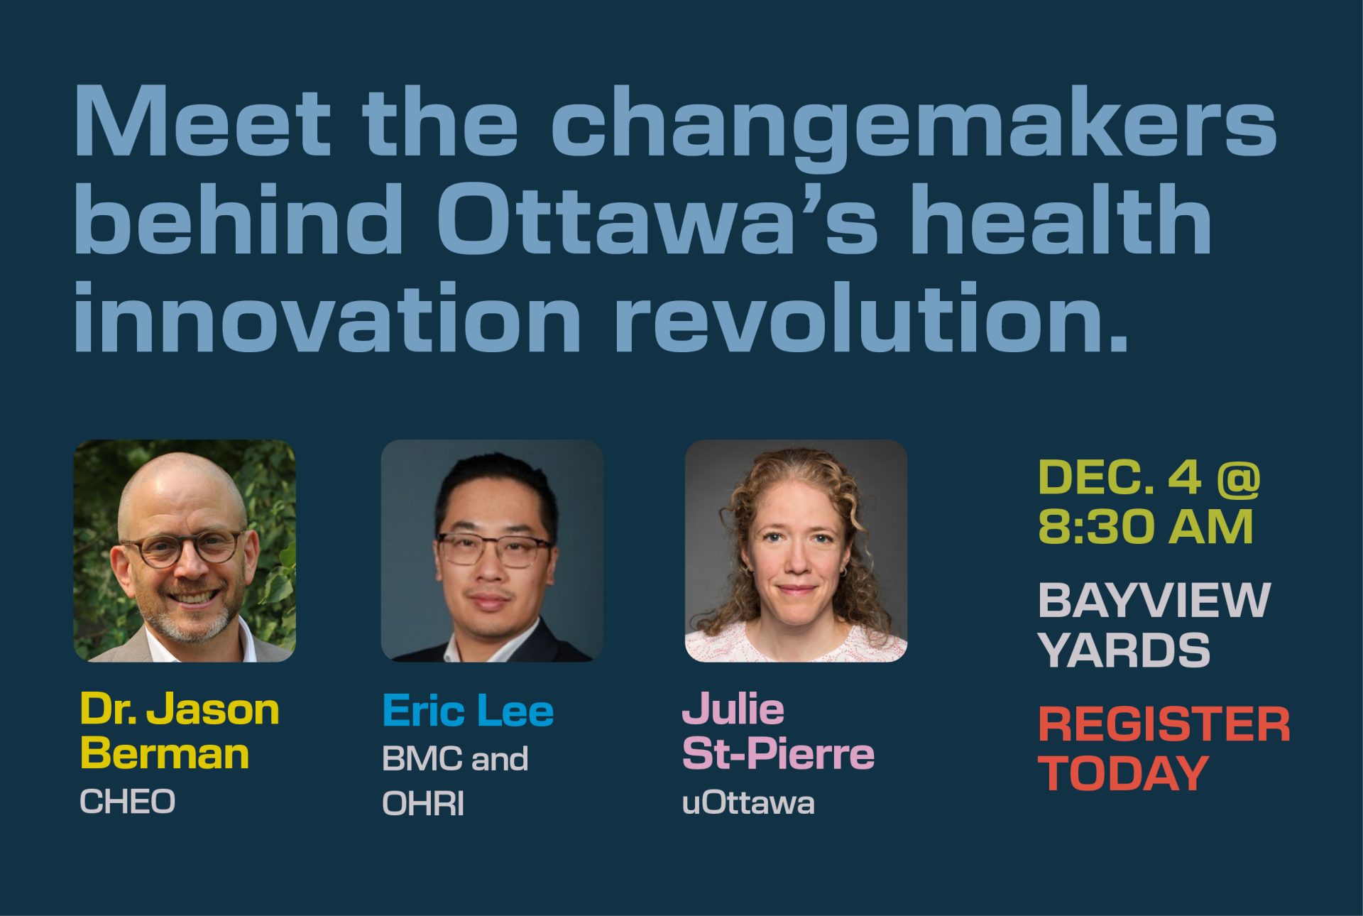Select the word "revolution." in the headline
(871, 317)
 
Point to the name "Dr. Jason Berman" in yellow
(180, 731)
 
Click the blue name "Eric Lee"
(468, 710)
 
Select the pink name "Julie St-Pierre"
(778, 731)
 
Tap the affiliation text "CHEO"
(127, 802)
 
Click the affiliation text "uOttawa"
(748, 803)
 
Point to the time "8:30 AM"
(1146, 528)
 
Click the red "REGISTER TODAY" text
(1164, 749)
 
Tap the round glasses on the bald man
(183, 547)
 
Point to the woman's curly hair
(855, 540)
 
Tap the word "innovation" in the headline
(327, 317)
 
